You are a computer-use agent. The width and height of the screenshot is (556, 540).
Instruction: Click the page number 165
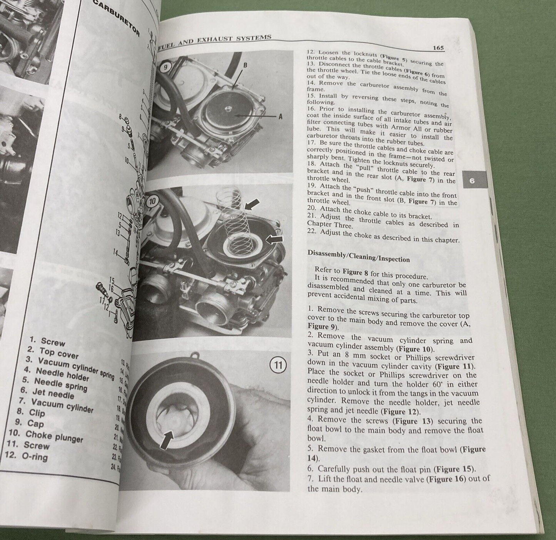[x=438, y=48]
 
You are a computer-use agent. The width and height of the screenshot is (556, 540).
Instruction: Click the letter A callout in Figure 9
[x=280, y=116]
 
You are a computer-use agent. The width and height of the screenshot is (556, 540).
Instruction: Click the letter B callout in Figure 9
[x=245, y=65]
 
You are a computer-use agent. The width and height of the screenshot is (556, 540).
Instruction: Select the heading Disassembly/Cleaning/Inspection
[x=359, y=256]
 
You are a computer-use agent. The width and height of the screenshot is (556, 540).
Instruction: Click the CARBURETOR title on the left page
[x=116, y=18]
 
